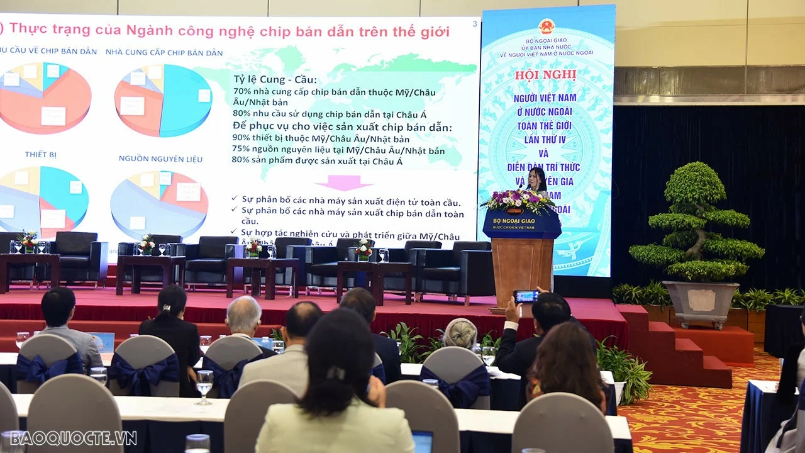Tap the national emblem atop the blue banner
[547, 26]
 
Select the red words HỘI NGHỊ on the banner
[546, 74]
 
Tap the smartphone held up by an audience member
[526, 296]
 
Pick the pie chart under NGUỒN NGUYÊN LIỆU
[160, 203]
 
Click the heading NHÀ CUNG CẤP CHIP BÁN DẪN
[164, 52]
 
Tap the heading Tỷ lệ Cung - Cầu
[275, 80]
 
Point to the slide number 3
[474, 24]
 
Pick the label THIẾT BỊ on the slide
[41, 154]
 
